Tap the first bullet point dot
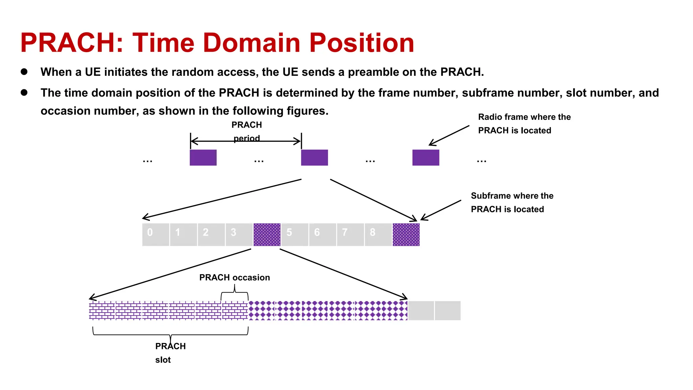click(x=24, y=71)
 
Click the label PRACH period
click(x=247, y=131)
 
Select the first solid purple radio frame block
click(x=203, y=157)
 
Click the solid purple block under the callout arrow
click(x=426, y=157)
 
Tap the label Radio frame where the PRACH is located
click(x=524, y=124)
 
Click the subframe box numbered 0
click(x=156, y=234)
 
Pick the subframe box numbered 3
click(x=239, y=234)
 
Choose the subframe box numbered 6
click(x=322, y=234)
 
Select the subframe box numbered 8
click(x=378, y=234)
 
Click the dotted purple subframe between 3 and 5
click(x=267, y=234)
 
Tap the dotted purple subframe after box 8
click(x=406, y=234)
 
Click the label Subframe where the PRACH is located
click(x=512, y=202)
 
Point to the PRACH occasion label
click(x=234, y=278)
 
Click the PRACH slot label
click(x=170, y=353)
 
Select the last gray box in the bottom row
click(x=447, y=310)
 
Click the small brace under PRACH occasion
click(x=234, y=293)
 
